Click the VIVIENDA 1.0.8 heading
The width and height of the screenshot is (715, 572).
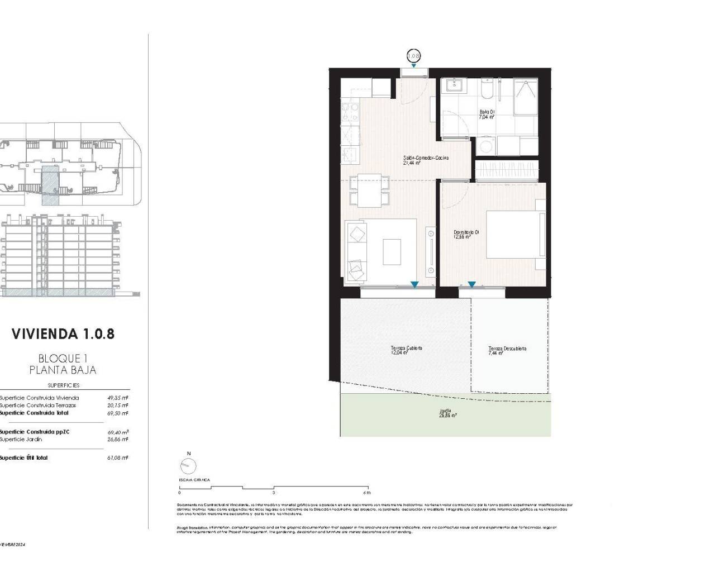[x=63, y=334]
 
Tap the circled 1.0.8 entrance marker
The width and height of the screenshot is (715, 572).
[x=413, y=56]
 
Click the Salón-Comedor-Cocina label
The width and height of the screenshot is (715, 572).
[x=426, y=160]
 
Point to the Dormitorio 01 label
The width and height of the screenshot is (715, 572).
[x=466, y=234]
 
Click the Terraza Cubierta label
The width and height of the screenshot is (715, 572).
[x=406, y=350]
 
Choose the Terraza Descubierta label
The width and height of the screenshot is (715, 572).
[x=507, y=351]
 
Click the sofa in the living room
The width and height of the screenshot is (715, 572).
[x=356, y=251]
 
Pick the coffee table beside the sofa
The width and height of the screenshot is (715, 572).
[x=392, y=252]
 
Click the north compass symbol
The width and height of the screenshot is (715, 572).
[x=189, y=466]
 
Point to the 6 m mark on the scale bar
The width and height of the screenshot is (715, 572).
[x=367, y=493]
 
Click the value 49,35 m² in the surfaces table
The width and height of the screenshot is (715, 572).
[x=118, y=398]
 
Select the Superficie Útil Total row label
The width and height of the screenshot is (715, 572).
[x=24, y=457]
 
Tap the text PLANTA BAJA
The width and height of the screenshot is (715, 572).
[x=63, y=370]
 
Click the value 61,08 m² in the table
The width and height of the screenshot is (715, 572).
[x=118, y=457]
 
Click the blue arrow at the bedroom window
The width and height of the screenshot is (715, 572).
[x=471, y=285]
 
